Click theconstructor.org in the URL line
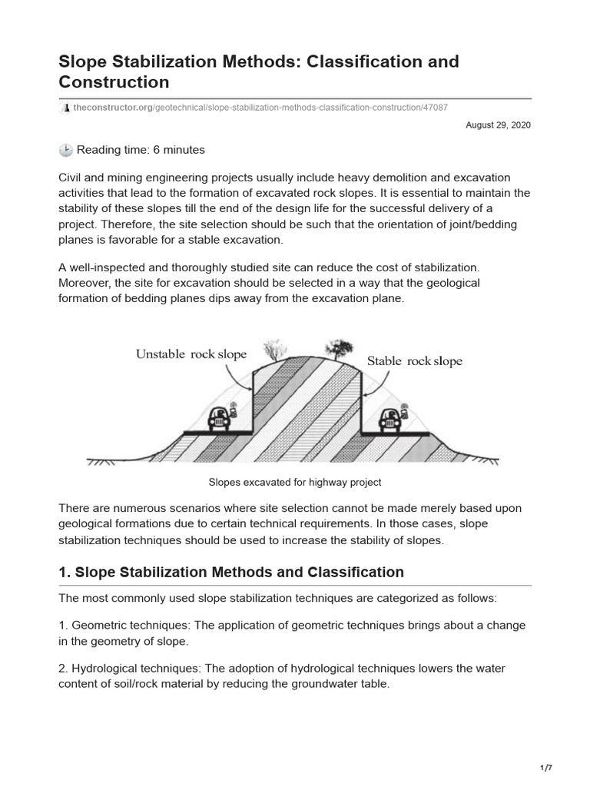[x=111, y=108]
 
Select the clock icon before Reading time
[x=65, y=150]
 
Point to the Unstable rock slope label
[x=191, y=354]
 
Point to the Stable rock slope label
[x=414, y=360]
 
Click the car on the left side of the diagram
[x=220, y=420]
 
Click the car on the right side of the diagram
[x=392, y=420]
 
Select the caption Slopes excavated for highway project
[x=295, y=482]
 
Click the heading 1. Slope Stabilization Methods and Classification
[x=231, y=572]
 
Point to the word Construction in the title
[x=114, y=81]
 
